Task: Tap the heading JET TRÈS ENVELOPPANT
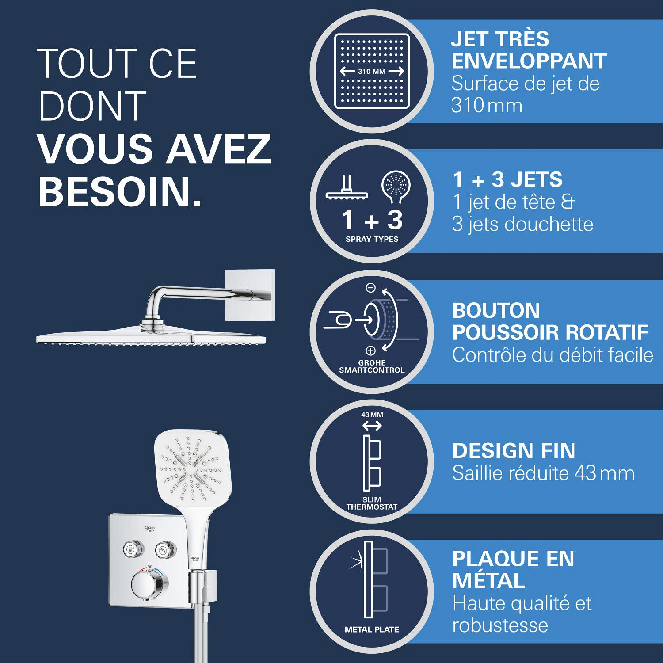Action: (529, 50)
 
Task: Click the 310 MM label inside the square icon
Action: (372, 71)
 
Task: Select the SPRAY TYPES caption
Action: (372, 239)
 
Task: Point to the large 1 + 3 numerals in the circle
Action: (372, 220)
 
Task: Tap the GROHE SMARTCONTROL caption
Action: (372, 366)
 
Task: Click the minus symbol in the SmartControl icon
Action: (371, 288)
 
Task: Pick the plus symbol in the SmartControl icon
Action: (370, 351)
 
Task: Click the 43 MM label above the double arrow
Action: (372, 415)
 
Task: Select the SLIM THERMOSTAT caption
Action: (372, 503)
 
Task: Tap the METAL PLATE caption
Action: (372, 629)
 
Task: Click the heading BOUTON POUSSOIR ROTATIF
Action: (550, 321)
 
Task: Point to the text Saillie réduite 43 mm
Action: (543, 473)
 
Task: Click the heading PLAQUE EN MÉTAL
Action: (513, 569)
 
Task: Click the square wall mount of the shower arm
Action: (250, 295)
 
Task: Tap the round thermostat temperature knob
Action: (149, 585)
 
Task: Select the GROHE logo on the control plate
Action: (150, 528)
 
